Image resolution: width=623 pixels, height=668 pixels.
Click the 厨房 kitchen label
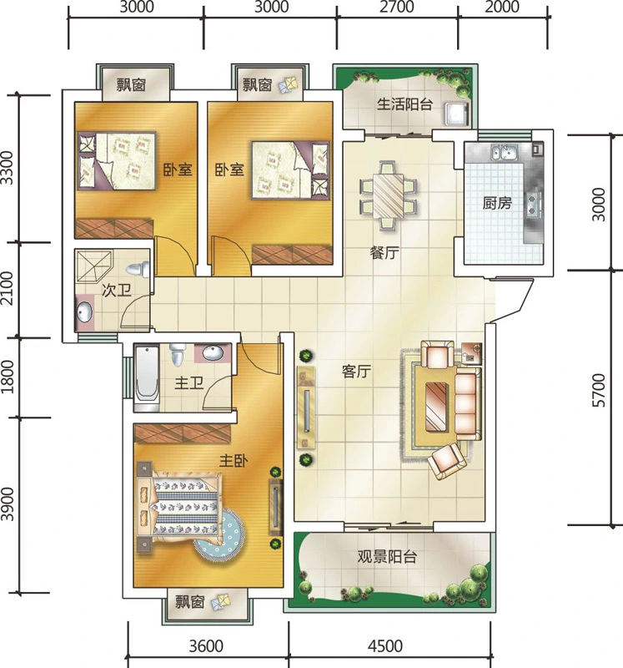(x=496, y=203)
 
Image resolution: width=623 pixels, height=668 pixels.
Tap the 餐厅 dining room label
(x=384, y=253)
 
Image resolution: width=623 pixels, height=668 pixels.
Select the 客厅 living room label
(x=356, y=372)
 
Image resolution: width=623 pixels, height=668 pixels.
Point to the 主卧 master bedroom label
(x=234, y=461)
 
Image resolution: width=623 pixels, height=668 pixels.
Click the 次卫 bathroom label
(x=117, y=291)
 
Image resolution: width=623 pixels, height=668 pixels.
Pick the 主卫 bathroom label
(x=189, y=383)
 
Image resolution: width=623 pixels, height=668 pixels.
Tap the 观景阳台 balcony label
(x=386, y=556)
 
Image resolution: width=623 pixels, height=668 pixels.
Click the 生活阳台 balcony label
(x=404, y=104)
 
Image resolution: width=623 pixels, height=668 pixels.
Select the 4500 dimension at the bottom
(x=385, y=645)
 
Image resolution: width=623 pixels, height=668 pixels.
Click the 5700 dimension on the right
(x=598, y=390)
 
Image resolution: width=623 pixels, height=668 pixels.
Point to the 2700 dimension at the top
(x=397, y=7)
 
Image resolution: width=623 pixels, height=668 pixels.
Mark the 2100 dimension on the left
(x=8, y=289)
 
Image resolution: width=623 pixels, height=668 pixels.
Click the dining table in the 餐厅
(x=388, y=196)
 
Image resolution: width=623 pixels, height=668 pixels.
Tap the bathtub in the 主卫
(x=148, y=378)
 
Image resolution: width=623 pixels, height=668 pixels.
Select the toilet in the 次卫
(x=138, y=269)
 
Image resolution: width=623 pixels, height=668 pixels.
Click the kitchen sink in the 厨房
(x=504, y=152)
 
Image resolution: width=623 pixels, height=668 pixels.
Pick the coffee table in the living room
(x=438, y=407)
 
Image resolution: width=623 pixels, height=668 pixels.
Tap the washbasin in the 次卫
(x=84, y=313)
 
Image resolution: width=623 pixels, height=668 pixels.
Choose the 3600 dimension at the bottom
(x=206, y=645)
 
